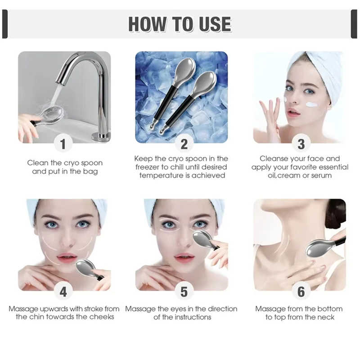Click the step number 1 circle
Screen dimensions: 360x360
pyautogui.click(x=63, y=144)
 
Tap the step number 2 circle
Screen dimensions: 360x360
pyautogui.click(x=184, y=144)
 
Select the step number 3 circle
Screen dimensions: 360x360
pyautogui.click(x=301, y=144)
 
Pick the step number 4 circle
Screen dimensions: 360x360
pyautogui.click(x=63, y=292)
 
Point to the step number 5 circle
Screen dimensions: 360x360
pyautogui.click(x=184, y=292)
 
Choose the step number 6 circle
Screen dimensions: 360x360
pyautogui.click(x=301, y=292)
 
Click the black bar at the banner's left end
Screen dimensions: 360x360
pyautogui.click(x=5, y=24)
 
